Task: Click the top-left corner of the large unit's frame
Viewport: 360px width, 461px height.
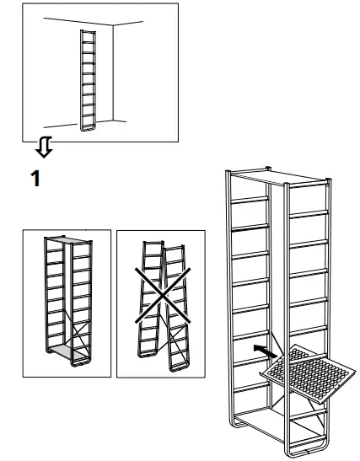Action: point(228,174)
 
